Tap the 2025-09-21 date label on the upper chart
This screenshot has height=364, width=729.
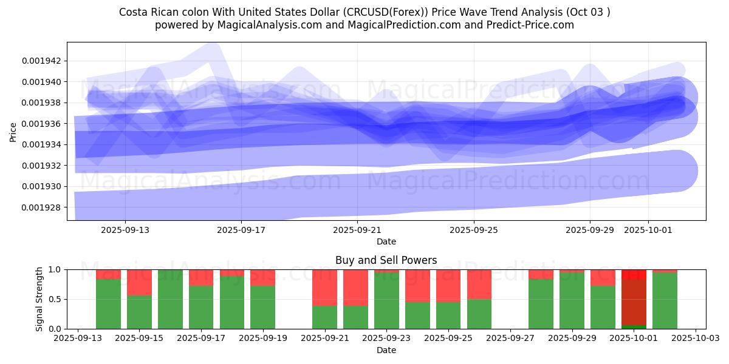coord(357,230)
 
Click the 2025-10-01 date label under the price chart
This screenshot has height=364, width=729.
coord(648,230)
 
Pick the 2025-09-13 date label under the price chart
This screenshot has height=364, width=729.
coord(125,230)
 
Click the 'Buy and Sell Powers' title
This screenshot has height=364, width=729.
coord(386,260)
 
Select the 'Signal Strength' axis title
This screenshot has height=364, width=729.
coord(39,298)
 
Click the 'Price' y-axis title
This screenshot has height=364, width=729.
coord(13,132)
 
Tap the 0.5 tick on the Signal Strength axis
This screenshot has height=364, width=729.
coord(55,299)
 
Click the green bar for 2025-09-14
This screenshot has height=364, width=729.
coord(108,303)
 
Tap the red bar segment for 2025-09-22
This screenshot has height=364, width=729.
coord(355,287)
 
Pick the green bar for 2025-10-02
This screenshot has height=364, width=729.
coord(665,300)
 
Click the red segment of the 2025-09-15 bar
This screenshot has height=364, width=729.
coord(139,282)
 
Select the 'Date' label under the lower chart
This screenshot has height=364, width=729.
coord(386,350)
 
